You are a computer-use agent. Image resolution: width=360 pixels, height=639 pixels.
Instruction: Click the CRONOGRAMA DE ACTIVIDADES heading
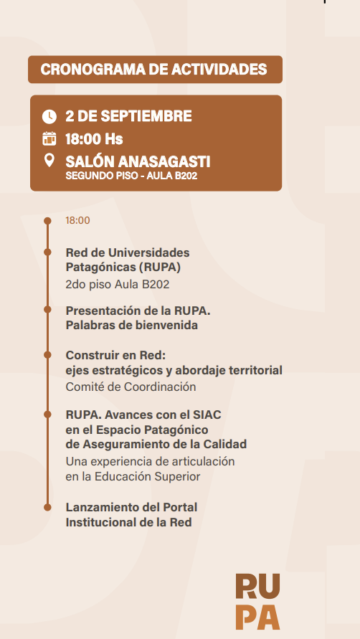(153, 70)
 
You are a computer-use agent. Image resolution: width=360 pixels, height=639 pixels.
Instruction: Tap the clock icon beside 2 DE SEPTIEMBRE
(49, 117)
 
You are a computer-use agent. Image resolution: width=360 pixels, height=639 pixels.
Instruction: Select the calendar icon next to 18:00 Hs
(49, 138)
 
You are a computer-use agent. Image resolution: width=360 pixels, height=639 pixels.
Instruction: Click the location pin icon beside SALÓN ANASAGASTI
(49, 160)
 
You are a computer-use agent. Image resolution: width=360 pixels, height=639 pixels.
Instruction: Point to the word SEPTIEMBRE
(146, 117)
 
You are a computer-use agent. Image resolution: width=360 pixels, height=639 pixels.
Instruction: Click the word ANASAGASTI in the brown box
(164, 162)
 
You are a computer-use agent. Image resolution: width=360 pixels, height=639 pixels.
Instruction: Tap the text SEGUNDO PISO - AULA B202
(131, 176)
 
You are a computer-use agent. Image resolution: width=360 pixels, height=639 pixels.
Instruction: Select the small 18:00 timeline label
(78, 220)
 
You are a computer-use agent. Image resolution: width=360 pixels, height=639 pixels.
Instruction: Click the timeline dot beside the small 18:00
(47, 221)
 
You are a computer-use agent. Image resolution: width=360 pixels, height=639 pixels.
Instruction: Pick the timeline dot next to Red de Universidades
(47, 252)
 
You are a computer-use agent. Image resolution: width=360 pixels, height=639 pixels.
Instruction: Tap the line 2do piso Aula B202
(118, 285)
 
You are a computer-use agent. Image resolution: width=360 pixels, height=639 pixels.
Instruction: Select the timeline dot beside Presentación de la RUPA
(47, 310)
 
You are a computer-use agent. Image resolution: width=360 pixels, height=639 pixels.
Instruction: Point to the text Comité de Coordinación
(131, 387)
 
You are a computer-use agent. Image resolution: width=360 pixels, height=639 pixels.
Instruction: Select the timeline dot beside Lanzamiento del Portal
(47, 507)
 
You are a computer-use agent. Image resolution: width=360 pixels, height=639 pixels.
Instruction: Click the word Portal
(180, 507)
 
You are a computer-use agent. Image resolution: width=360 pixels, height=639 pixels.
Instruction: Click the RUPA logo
(257, 602)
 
